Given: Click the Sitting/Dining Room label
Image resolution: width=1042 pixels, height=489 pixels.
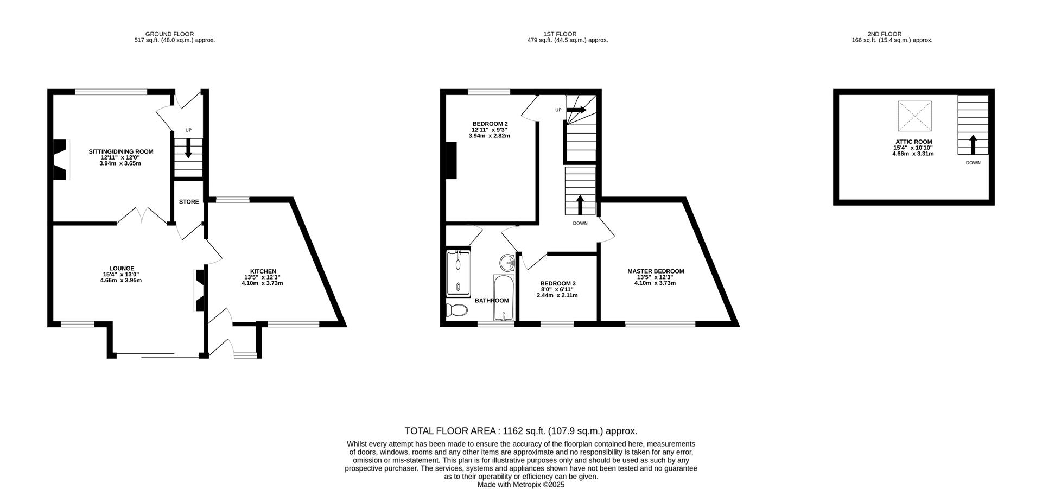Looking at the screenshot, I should (x=120, y=152).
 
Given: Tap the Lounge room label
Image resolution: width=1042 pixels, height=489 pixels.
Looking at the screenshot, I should (x=121, y=268).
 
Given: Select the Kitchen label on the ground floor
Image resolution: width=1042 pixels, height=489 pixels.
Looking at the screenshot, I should (x=263, y=271).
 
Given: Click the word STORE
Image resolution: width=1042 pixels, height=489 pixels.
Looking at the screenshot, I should (x=189, y=202).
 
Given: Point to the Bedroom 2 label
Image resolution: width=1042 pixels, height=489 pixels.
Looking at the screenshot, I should (x=490, y=124).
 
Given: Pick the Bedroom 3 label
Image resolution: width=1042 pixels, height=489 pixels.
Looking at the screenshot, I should (x=557, y=283).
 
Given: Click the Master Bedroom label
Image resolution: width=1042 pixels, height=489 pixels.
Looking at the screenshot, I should (x=655, y=271).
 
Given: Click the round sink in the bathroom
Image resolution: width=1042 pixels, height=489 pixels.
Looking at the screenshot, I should (x=508, y=263).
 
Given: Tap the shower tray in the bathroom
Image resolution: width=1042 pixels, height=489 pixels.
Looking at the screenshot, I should (x=459, y=274).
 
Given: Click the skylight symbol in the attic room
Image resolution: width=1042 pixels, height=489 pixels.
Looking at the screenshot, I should (x=914, y=116).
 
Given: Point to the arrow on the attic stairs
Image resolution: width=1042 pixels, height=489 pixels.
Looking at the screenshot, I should (x=973, y=144).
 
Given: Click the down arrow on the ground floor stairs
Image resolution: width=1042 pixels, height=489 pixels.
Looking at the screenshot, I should (x=188, y=149).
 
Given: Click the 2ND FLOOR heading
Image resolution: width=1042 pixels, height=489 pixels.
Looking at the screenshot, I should (x=892, y=34).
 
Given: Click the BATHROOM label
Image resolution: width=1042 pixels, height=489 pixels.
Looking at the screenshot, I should (x=492, y=301).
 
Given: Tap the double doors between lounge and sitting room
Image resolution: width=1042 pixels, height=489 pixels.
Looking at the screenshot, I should (x=142, y=215).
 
